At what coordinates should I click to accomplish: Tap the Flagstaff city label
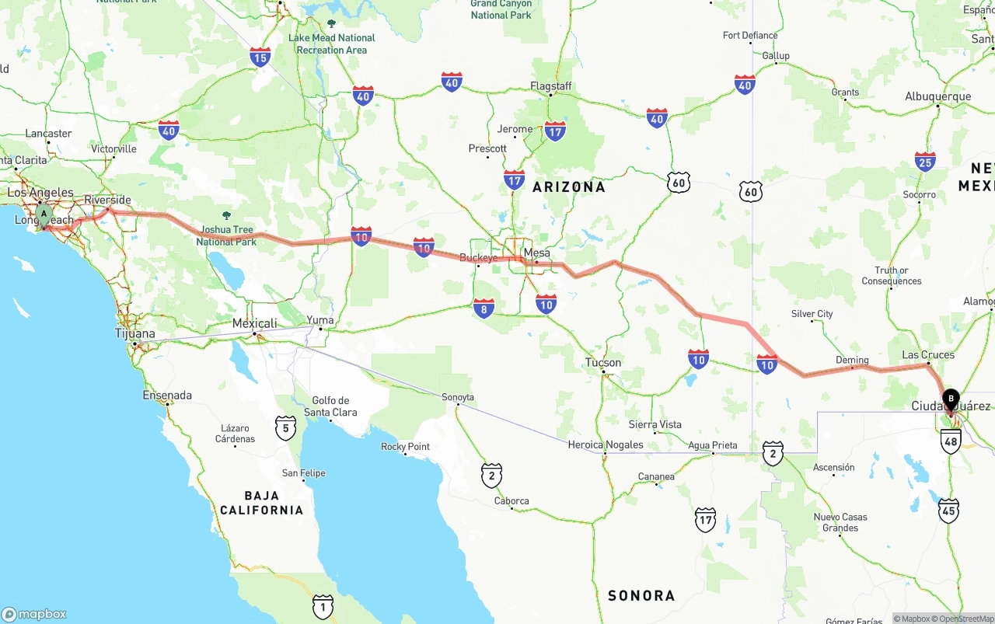pos(551,85)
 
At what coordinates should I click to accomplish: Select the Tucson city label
pos(604,362)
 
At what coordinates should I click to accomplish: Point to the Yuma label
pos(320,319)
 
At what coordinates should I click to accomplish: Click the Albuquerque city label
pos(937,96)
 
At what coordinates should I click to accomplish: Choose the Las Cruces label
pos(928,354)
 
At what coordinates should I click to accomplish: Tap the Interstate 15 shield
pos(260,57)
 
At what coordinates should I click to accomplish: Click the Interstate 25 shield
pos(925,162)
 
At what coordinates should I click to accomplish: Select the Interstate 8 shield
pos(484,309)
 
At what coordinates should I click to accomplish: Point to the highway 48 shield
pos(951,441)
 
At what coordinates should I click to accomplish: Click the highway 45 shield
pos(948,511)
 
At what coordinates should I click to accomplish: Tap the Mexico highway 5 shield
pos(285,427)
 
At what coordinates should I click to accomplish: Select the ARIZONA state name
pos(569,187)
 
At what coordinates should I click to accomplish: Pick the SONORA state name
pos(641,595)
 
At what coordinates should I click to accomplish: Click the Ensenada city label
pos(167,395)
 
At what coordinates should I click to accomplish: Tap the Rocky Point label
pos(405,447)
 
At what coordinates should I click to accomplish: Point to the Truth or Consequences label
pos(892,276)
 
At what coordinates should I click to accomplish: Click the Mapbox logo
pos(34,614)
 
